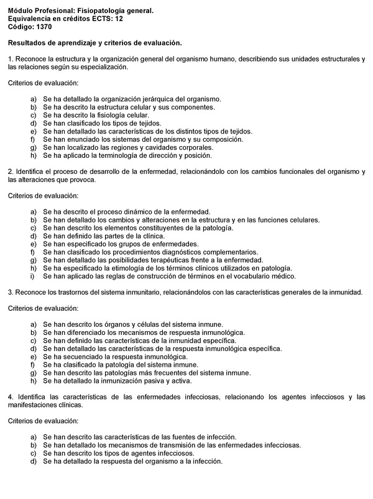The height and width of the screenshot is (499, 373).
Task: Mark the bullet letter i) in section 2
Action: tap(33, 277)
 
